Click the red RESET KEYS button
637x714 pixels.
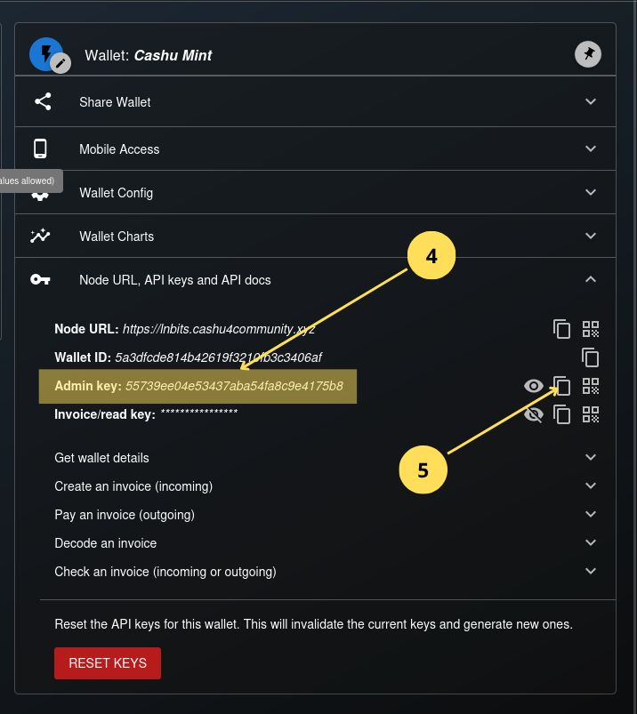tap(108, 663)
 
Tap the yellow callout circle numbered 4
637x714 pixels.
tap(431, 256)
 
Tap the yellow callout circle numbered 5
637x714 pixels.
tap(423, 469)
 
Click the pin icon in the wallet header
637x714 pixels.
tap(588, 54)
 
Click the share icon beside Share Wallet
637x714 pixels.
tap(42, 101)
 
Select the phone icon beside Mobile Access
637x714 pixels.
tap(40, 148)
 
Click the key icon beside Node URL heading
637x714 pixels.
tap(40, 280)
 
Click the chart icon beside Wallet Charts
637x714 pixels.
tap(40, 236)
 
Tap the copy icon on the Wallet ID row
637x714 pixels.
tap(590, 357)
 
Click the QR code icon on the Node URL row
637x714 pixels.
tap(591, 329)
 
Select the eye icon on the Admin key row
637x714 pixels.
tap(533, 386)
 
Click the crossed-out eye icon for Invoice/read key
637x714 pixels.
tap(533, 413)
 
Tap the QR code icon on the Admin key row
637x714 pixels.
tap(591, 386)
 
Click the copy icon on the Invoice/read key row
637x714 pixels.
tap(561, 413)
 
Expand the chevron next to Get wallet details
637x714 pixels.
tap(591, 457)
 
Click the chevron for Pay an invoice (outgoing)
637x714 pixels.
tap(591, 514)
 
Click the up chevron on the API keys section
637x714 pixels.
tap(591, 279)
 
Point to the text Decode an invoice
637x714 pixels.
tap(105, 543)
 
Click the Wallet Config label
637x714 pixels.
tap(116, 193)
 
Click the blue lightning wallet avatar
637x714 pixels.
tap(45, 53)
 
